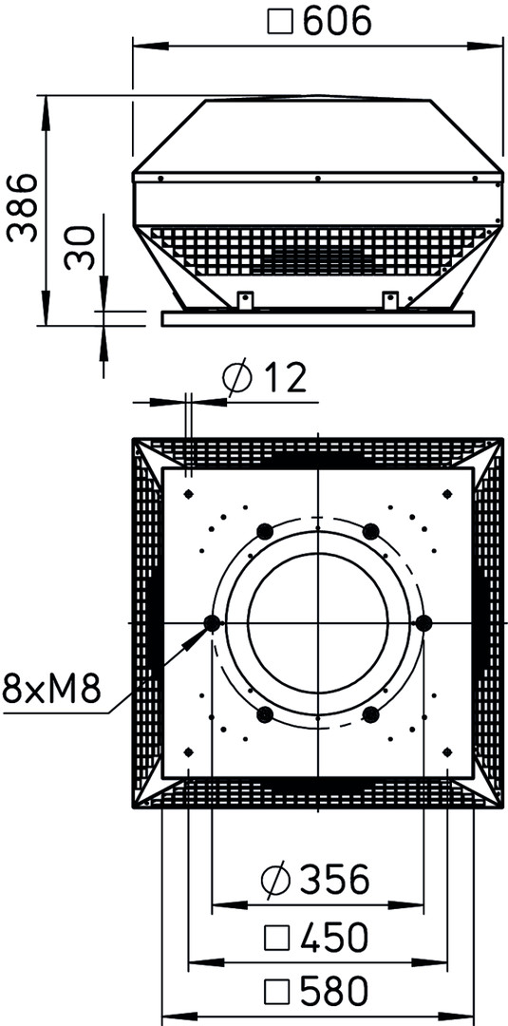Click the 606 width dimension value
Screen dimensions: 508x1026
coord(338,22)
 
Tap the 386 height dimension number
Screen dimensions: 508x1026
coord(24,208)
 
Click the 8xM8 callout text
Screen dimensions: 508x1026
coord(51,689)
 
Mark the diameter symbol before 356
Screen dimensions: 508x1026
coord(274,880)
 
